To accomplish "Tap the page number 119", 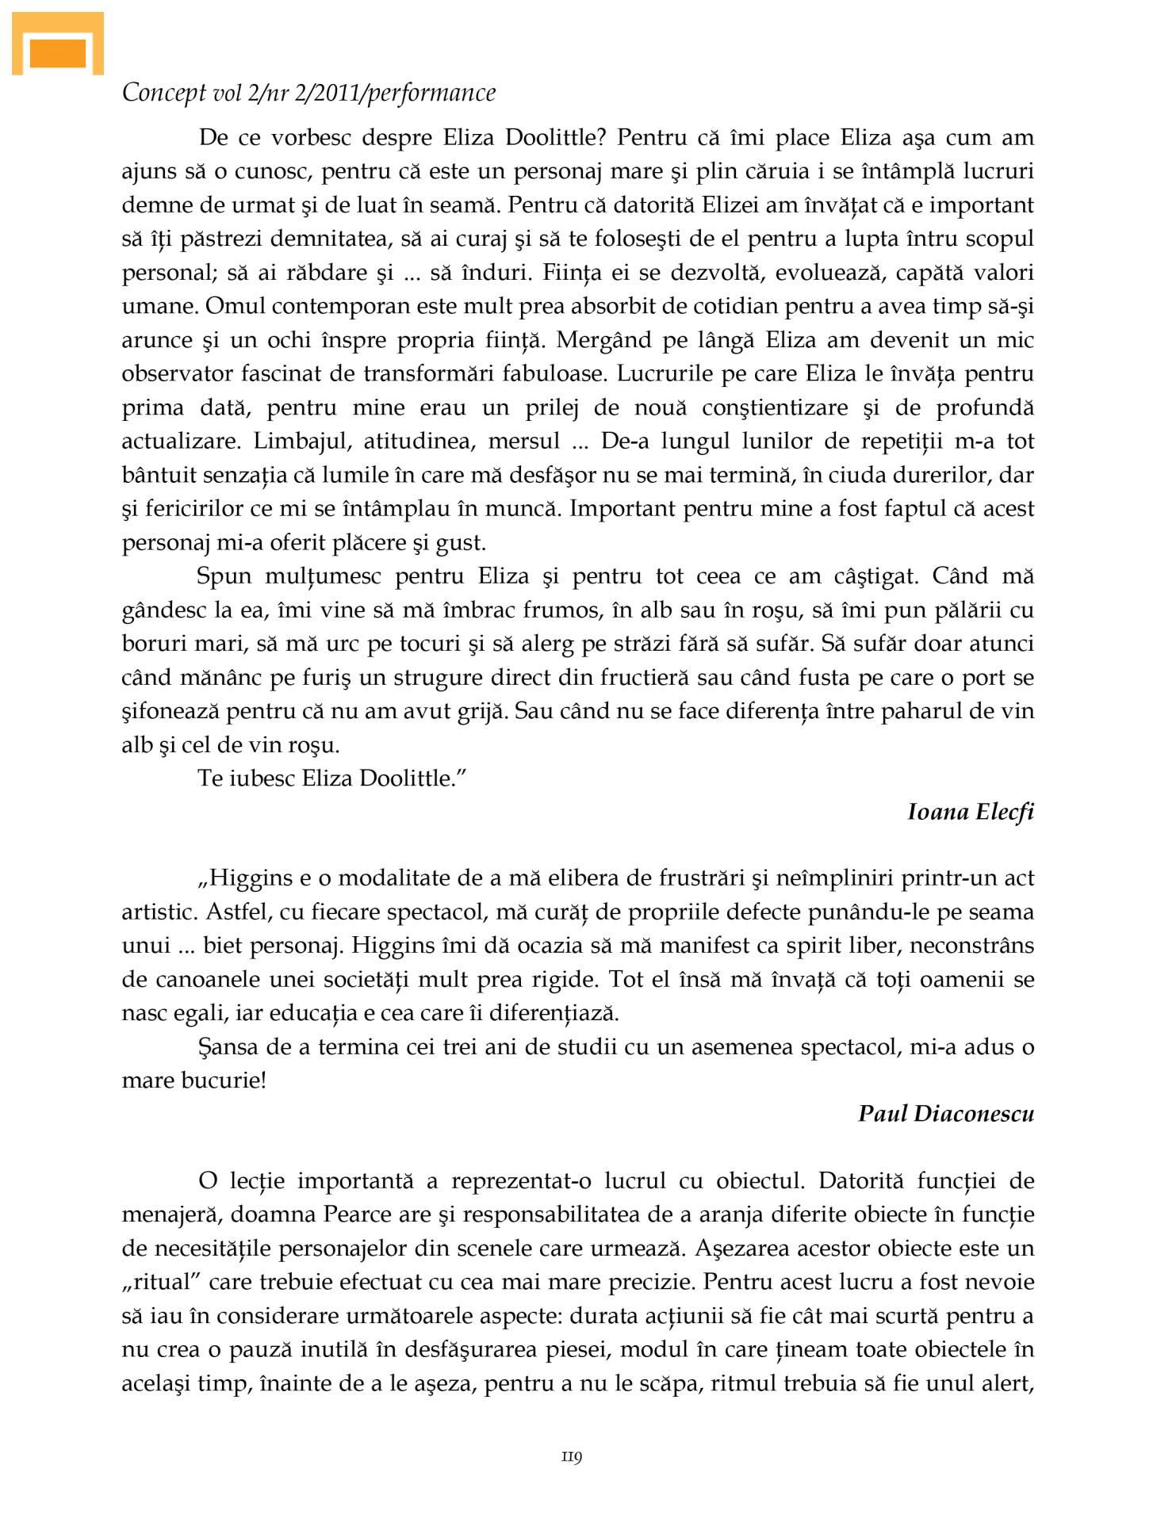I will coord(572,1456).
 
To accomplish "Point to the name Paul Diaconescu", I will coord(945,1114).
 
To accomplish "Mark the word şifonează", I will coord(170,711).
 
